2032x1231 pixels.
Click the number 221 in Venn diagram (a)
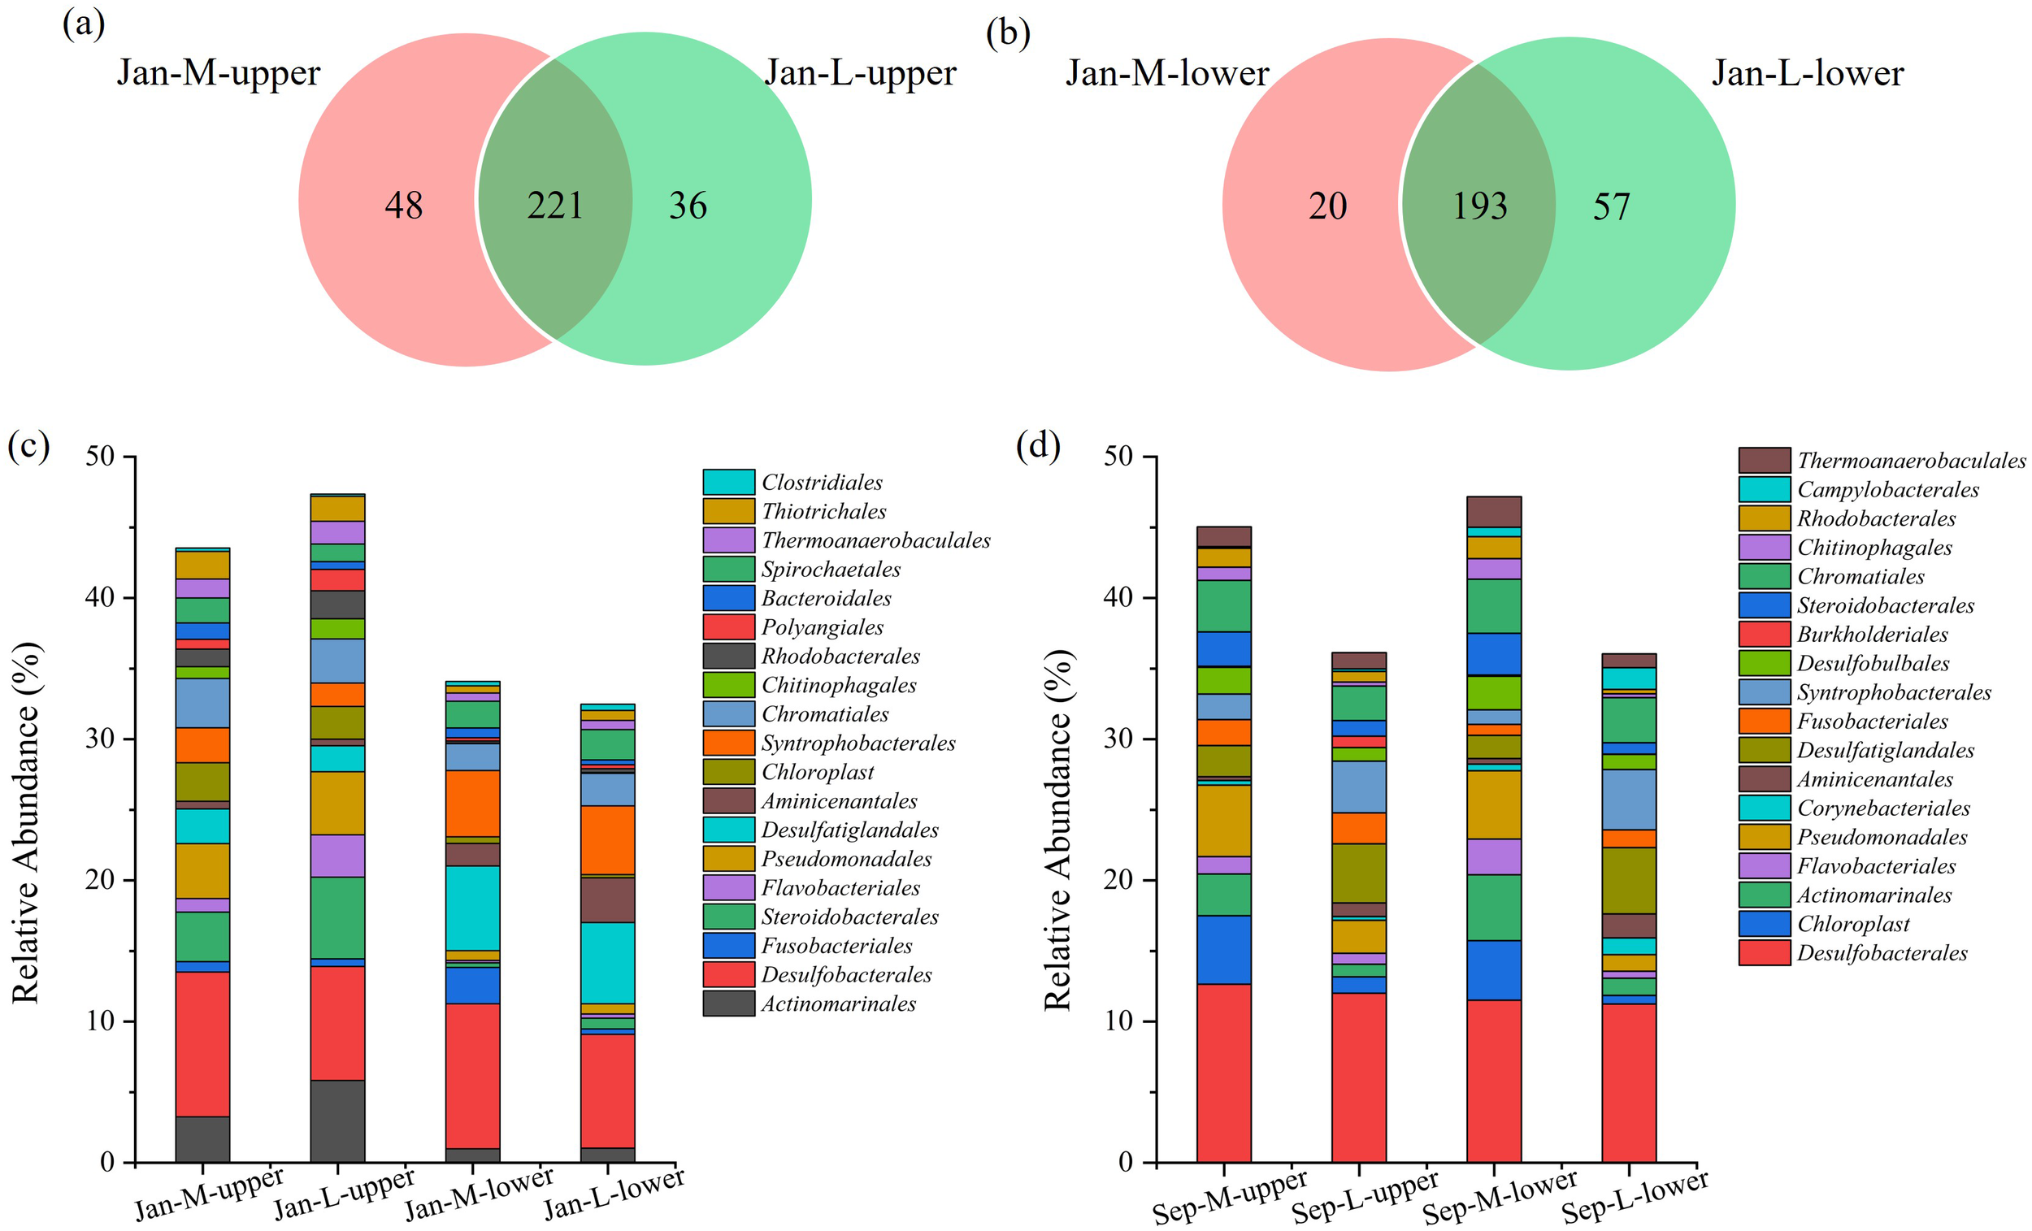(555, 206)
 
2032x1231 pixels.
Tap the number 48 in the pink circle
(403, 206)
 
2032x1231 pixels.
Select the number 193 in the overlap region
(1479, 206)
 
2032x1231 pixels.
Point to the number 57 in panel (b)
(1611, 206)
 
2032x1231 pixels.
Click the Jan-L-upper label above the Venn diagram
(860, 73)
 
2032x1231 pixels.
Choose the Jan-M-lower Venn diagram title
(1166, 73)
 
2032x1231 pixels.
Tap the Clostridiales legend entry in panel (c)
(822, 483)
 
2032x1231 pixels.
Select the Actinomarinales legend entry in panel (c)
(838, 1003)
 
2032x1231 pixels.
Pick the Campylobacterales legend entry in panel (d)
(1887, 490)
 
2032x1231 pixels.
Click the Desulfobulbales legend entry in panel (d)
(1873, 664)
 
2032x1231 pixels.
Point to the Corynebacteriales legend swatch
(1764, 808)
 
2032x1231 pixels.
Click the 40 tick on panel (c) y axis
(100, 597)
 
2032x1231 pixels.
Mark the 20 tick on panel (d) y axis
(1118, 880)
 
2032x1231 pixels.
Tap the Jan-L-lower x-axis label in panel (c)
(614, 1194)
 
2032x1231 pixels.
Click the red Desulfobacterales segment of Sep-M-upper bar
(1223, 1072)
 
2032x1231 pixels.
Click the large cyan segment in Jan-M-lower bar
(472, 908)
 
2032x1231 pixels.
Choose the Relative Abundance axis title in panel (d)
(1058, 829)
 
